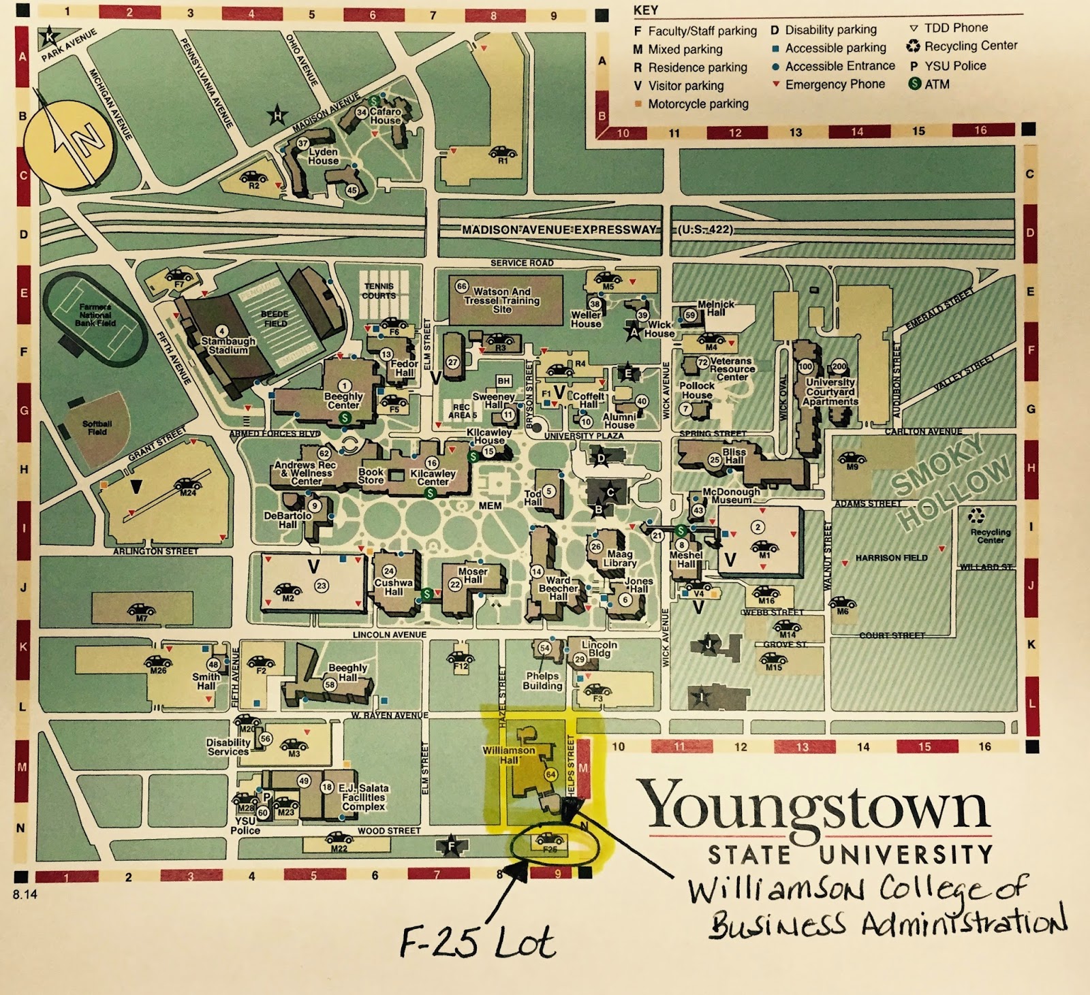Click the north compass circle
point(65,143)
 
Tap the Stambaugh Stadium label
point(228,345)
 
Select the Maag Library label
point(620,558)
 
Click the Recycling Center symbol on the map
point(976,516)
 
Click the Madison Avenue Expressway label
point(559,230)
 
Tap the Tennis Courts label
point(379,291)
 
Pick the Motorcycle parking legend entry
point(698,104)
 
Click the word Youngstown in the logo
point(814,807)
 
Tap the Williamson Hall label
point(509,754)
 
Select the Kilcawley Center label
point(433,477)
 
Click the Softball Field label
point(97,428)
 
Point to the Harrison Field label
point(891,558)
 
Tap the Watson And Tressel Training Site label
point(502,300)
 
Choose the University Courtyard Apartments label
point(830,392)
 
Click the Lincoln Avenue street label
point(390,635)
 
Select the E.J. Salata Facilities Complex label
point(363,797)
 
